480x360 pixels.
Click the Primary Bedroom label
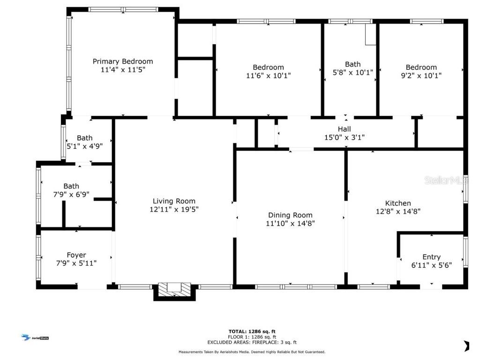pos(122,61)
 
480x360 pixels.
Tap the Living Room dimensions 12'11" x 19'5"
pos(174,210)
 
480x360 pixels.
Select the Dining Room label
pos(290,215)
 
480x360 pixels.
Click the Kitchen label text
pos(398,203)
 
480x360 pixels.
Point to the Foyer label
pos(76,255)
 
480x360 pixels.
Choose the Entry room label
pos(431,257)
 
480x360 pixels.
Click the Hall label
pos(344,129)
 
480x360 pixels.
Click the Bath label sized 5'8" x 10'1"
pos(352,64)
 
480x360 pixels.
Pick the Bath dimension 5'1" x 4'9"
pos(84,146)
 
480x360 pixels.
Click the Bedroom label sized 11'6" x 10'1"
pos(268,67)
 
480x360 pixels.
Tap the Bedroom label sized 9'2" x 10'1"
pos(421,67)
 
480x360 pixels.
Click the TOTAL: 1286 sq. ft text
pos(252,331)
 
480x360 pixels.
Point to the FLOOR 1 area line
pos(252,337)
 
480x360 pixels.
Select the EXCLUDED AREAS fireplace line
pos(252,343)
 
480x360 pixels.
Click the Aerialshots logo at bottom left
pos(36,337)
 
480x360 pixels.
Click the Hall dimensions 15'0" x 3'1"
pos(344,137)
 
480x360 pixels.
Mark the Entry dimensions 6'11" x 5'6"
pos(431,265)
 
